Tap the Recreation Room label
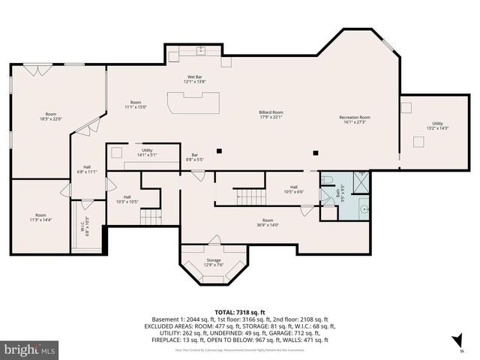(x=355, y=119)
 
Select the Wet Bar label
(x=196, y=79)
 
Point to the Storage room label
(x=214, y=263)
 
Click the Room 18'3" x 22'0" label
(x=50, y=117)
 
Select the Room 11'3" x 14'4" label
(x=40, y=217)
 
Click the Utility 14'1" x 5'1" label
(x=146, y=153)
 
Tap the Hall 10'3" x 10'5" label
(x=127, y=199)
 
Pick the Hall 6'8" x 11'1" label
(x=88, y=170)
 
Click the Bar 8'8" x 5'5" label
(x=195, y=157)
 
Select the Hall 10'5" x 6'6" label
(x=294, y=190)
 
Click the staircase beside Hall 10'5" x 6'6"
(x=252, y=196)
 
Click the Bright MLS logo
(x=30, y=350)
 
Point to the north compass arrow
(x=455, y=344)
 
